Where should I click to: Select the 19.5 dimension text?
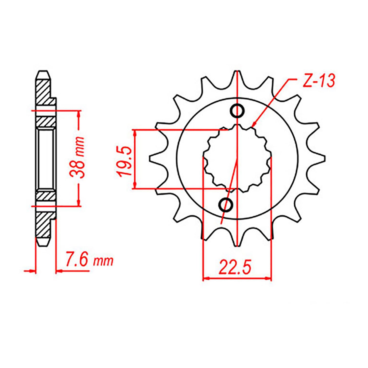tap(124, 161)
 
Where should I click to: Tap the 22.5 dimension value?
tap(235, 267)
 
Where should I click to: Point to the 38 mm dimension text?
tap(77, 158)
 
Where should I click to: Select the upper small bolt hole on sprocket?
tap(237, 111)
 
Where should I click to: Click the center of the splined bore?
tap(237, 158)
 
